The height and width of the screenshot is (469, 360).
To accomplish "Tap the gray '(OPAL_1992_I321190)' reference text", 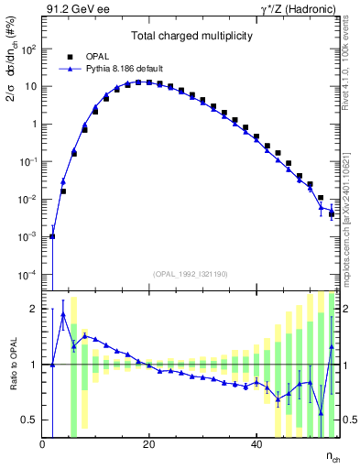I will point(190,274).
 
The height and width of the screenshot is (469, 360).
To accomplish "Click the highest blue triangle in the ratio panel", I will point(63,314).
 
